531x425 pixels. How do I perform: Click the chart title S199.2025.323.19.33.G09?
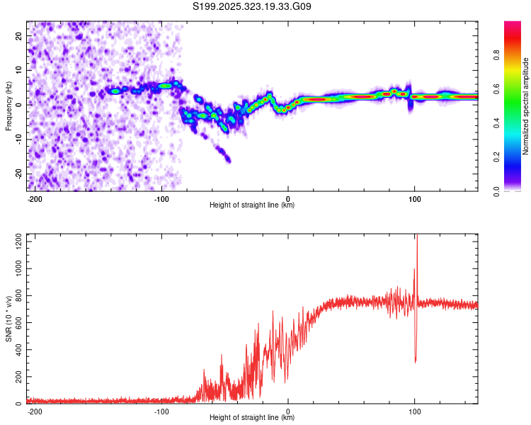coord(253,7)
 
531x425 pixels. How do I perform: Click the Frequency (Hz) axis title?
coord(8,106)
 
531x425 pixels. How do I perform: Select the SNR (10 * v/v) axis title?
coord(8,319)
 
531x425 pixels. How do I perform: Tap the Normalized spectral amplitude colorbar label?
coord(525,106)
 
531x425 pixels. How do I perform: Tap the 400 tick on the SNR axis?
coord(16,351)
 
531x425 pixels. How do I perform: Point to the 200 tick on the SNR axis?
coord(16,378)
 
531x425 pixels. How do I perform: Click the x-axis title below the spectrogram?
coord(252,205)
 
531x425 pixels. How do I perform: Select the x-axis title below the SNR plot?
coord(252,418)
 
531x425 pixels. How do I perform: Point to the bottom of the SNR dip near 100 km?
coord(415,362)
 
